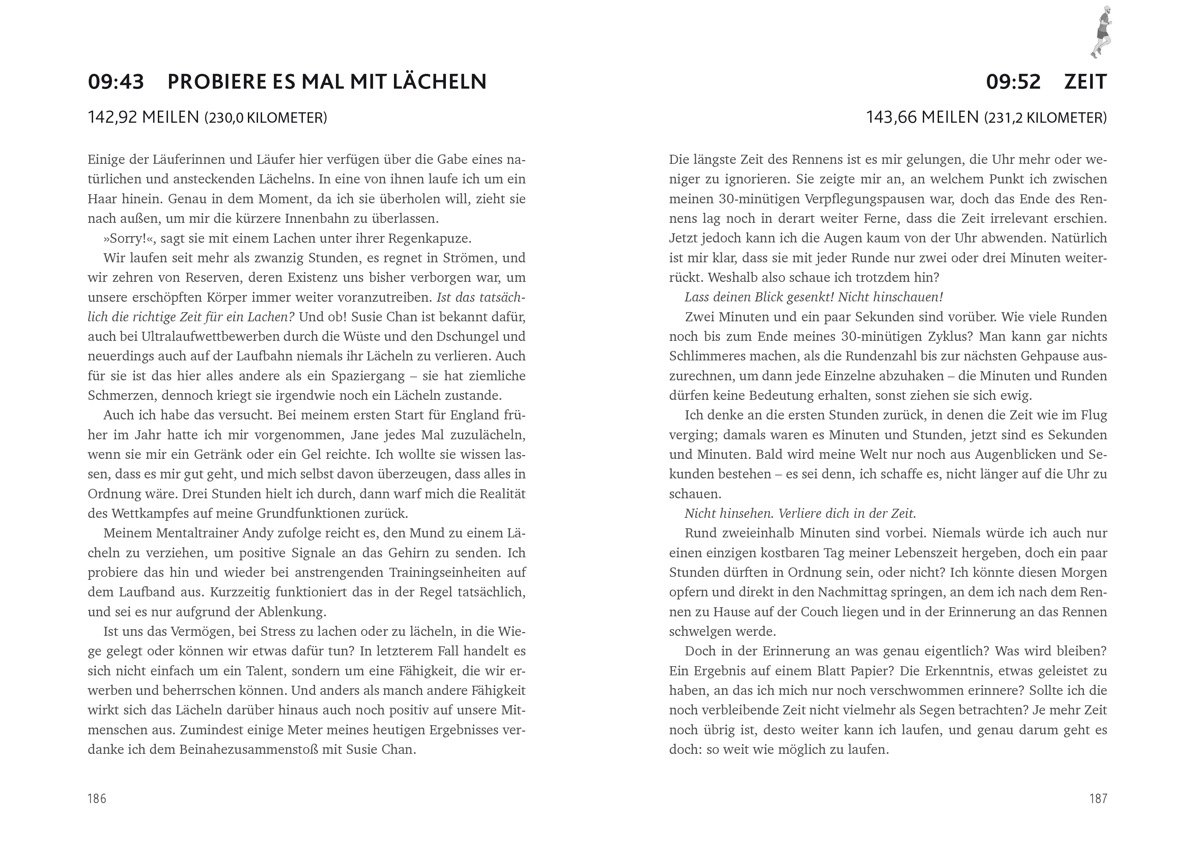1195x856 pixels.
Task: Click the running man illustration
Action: (1102, 32)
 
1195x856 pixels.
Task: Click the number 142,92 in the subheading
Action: (112, 117)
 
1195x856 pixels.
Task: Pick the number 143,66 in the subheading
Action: (890, 117)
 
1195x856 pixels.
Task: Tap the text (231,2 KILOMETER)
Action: (1045, 117)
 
